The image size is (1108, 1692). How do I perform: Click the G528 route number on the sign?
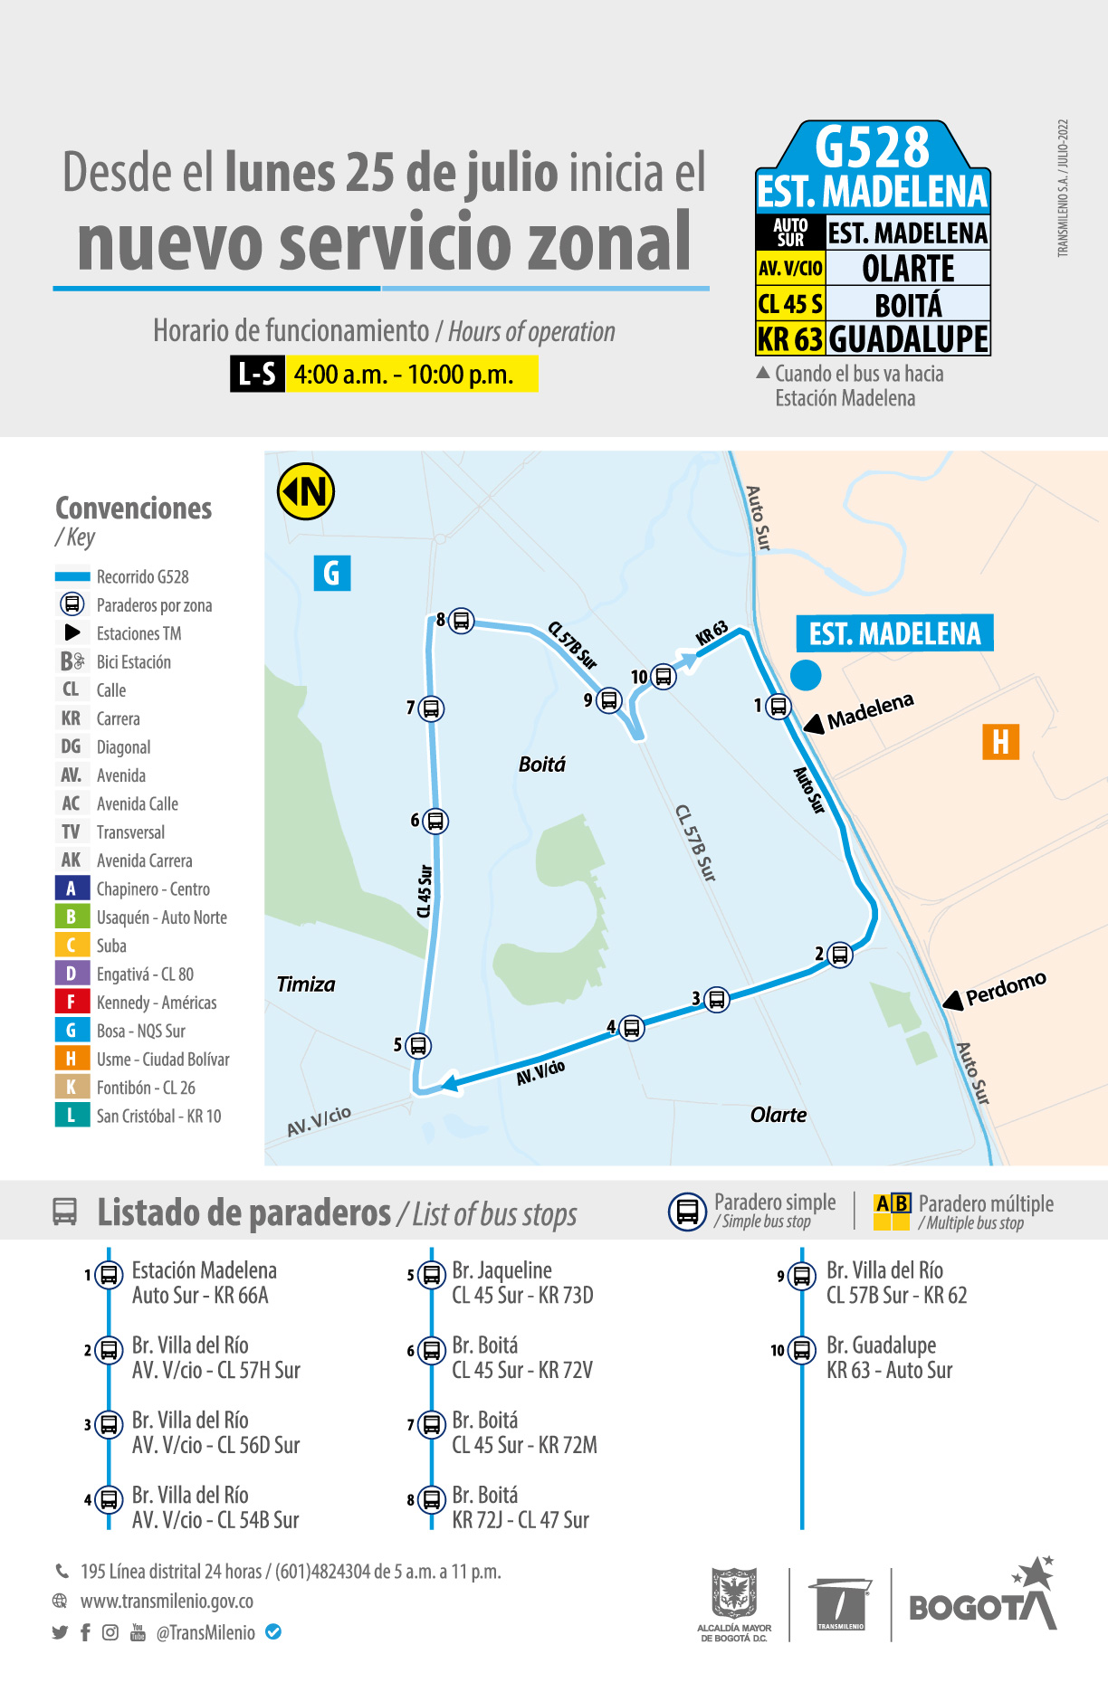tap(872, 147)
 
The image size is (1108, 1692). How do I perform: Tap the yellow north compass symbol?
tap(306, 491)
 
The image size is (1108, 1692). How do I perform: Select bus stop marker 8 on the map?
tap(462, 621)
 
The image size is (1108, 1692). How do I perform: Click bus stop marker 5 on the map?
tap(418, 1046)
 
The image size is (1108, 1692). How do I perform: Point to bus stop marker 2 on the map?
tap(840, 955)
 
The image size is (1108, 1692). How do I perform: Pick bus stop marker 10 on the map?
tap(664, 677)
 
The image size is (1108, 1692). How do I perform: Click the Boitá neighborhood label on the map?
tap(541, 765)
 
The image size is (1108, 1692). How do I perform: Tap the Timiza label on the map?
tap(306, 984)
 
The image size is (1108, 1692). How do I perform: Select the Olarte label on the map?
tap(778, 1115)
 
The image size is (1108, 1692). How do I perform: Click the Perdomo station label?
tap(1006, 989)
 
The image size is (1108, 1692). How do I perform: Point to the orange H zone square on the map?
tap(1000, 742)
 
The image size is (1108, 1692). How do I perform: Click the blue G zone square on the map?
tap(332, 573)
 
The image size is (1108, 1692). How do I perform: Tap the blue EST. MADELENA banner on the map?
tap(894, 633)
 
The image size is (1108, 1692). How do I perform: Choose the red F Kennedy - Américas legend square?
tap(72, 1003)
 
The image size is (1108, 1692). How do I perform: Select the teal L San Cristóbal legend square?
tap(72, 1116)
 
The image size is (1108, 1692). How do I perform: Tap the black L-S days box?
tap(258, 375)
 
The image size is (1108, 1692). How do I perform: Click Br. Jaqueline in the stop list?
tap(501, 1270)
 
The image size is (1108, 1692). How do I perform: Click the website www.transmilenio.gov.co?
tap(167, 1602)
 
